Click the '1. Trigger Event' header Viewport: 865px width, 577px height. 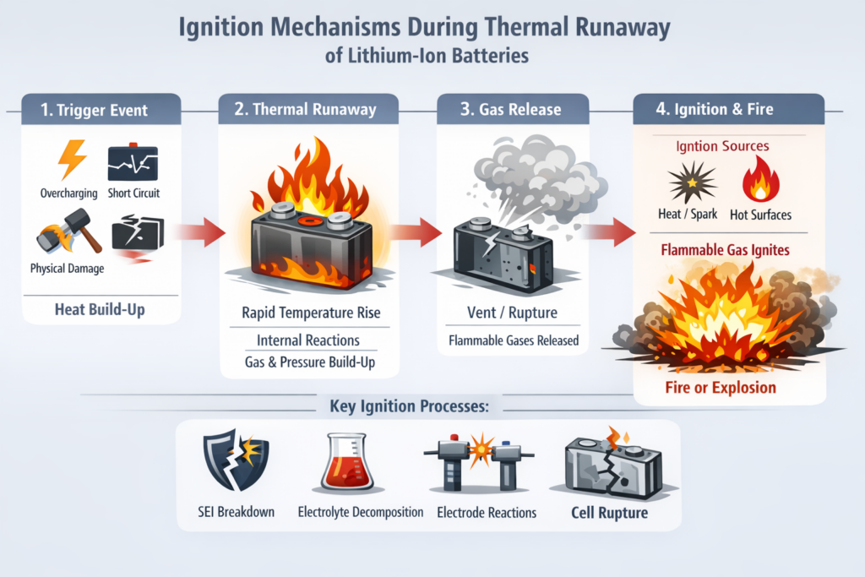coord(95,110)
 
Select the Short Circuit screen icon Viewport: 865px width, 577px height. coord(133,162)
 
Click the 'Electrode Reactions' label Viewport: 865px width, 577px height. coord(486,513)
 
